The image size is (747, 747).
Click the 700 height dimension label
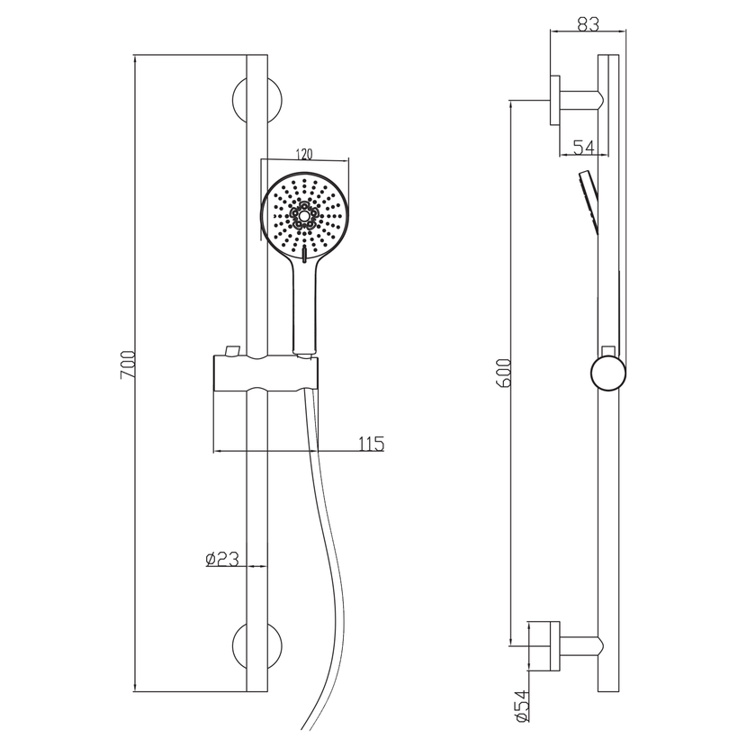128,364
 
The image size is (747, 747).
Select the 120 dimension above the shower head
304,155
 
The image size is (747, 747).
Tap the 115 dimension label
371,444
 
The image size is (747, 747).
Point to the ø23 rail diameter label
222,559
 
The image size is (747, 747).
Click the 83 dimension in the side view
589,23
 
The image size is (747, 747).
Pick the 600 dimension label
504,373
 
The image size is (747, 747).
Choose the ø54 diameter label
521,705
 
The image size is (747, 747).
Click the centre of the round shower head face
304,216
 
